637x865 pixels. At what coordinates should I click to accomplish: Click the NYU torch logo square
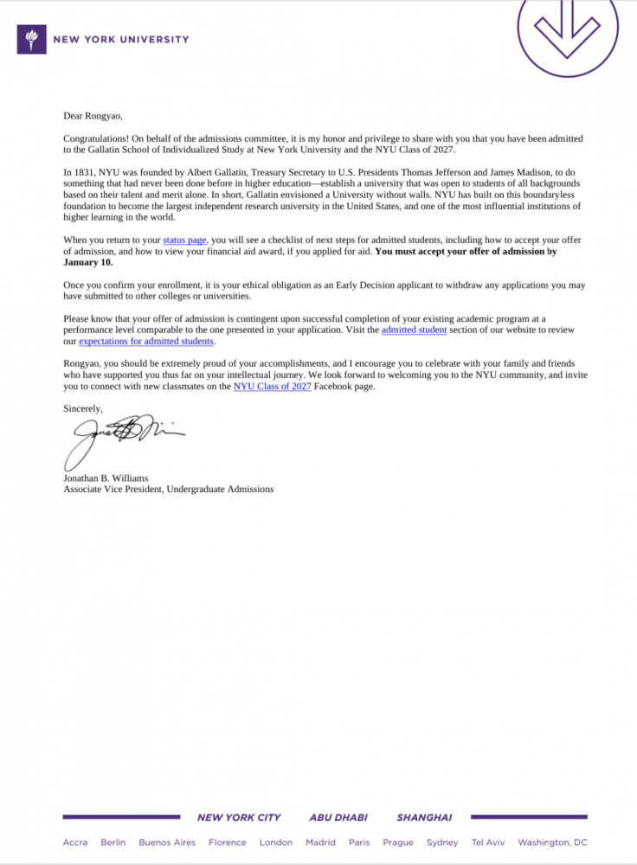pyautogui.click(x=31, y=39)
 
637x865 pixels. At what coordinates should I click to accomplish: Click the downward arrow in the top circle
pyautogui.click(x=568, y=26)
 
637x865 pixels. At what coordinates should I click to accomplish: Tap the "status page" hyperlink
pyautogui.click(x=184, y=239)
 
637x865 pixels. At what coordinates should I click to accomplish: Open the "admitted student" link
pyautogui.click(x=414, y=330)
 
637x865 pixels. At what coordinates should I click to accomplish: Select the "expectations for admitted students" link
pyautogui.click(x=145, y=341)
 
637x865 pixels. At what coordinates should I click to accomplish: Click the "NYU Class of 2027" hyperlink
pyautogui.click(x=272, y=387)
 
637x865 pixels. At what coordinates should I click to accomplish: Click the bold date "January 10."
pyautogui.click(x=88, y=262)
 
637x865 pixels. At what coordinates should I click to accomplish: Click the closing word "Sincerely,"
pyautogui.click(x=83, y=408)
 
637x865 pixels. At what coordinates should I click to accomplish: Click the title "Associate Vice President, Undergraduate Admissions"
pyautogui.click(x=168, y=489)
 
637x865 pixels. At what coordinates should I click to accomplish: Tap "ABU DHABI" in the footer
pyautogui.click(x=338, y=817)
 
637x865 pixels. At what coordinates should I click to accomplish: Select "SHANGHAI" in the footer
pyautogui.click(x=424, y=817)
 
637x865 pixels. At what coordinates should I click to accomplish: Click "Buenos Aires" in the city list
pyautogui.click(x=167, y=843)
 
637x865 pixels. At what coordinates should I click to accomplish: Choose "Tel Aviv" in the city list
pyautogui.click(x=488, y=843)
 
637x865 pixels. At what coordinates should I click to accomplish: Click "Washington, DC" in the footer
pyautogui.click(x=552, y=843)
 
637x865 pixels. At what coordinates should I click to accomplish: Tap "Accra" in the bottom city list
pyautogui.click(x=75, y=843)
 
